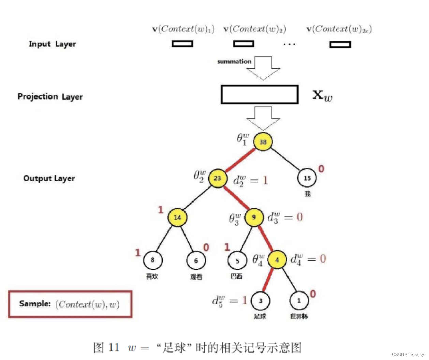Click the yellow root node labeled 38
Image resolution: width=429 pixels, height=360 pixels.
(263, 141)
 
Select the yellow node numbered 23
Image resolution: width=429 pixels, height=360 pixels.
(218, 178)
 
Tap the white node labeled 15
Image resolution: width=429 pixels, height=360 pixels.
(307, 178)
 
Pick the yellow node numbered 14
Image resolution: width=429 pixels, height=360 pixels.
(177, 217)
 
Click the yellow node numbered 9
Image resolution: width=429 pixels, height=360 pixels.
(254, 217)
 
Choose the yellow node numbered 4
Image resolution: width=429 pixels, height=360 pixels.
(277, 260)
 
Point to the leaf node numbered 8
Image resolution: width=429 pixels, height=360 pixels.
(152, 260)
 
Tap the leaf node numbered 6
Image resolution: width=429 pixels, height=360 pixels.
(196, 260)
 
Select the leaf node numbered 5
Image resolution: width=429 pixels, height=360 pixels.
(237, 261)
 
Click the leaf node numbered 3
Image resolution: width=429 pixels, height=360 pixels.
(261, 301)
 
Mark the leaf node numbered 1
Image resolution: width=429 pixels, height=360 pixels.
(299, 300)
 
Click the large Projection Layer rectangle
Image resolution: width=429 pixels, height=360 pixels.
(260, 94)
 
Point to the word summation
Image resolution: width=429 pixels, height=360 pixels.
(234, 62)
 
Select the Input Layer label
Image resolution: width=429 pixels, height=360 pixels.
(52, 44)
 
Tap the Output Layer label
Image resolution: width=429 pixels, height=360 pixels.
(49, 178)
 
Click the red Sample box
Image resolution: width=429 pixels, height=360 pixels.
(70, 304)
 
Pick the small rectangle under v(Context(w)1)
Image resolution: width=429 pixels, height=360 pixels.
(182, 44)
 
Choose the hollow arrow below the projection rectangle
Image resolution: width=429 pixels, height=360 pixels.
(263, 118)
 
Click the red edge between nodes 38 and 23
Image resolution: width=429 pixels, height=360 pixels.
(240, 160)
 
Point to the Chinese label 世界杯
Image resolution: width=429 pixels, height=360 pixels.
(299, 316)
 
